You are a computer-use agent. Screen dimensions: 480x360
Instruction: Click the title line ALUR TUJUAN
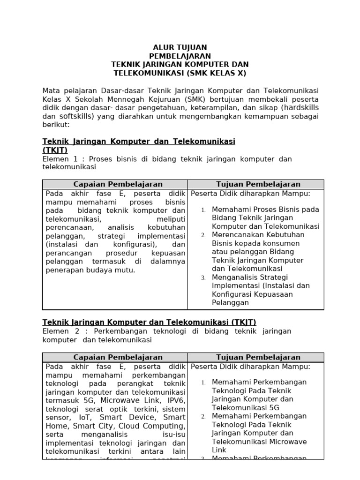[180, 47]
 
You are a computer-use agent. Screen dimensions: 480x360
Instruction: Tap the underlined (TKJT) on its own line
[55, 150]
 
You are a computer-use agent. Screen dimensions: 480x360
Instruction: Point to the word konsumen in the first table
[280, 243]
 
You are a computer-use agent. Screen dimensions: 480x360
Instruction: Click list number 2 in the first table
[203, 235]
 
